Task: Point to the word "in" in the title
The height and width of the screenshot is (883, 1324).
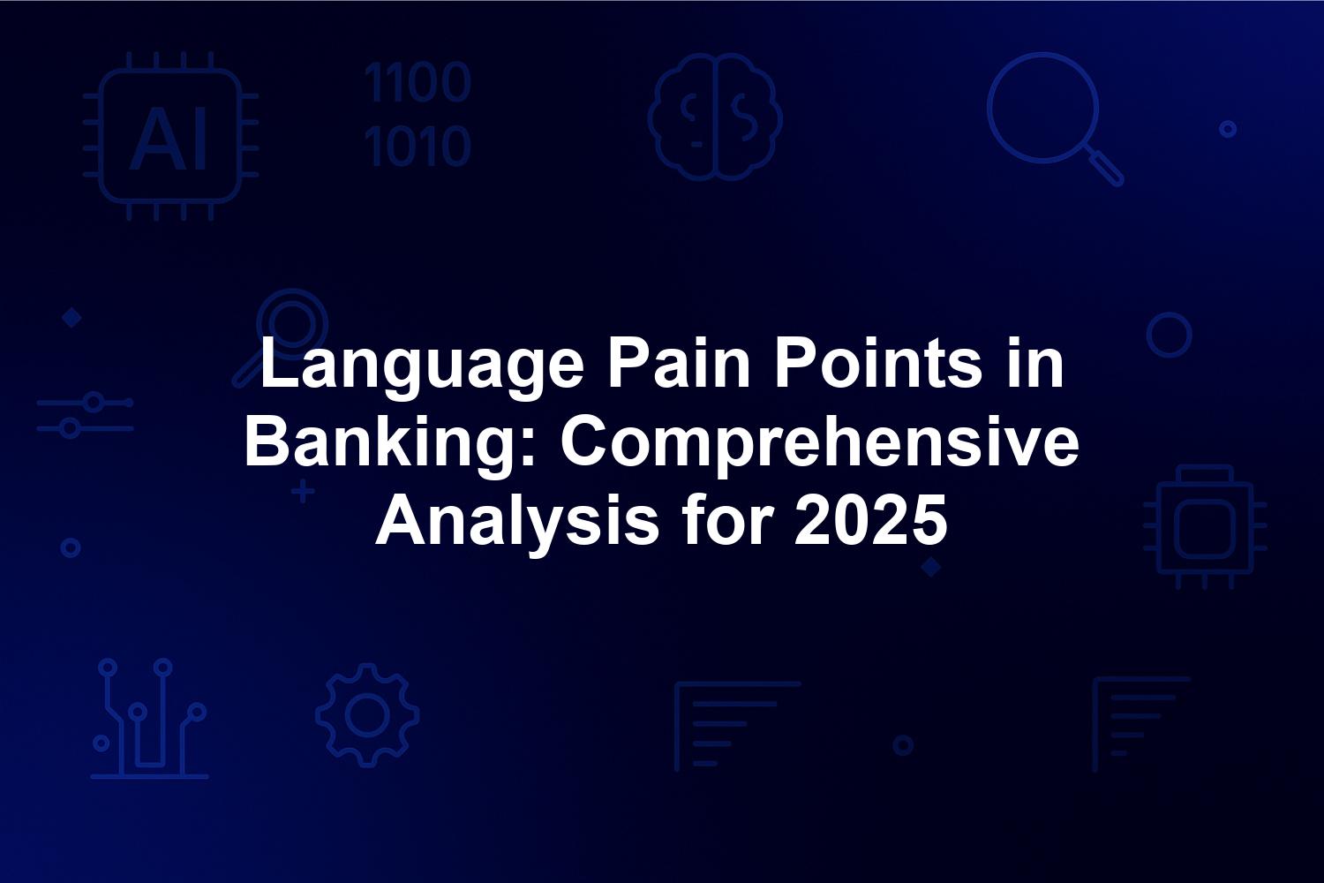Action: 1035,362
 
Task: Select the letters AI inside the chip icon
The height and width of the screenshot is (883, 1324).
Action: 169,139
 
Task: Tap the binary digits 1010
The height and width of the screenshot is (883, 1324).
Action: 418,145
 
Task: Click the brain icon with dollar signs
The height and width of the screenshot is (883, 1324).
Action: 715,117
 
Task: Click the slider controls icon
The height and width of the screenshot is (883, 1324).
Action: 85,415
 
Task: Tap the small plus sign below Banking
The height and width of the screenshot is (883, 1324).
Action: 303,492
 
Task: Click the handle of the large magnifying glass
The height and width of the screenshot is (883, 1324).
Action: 1103,166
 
